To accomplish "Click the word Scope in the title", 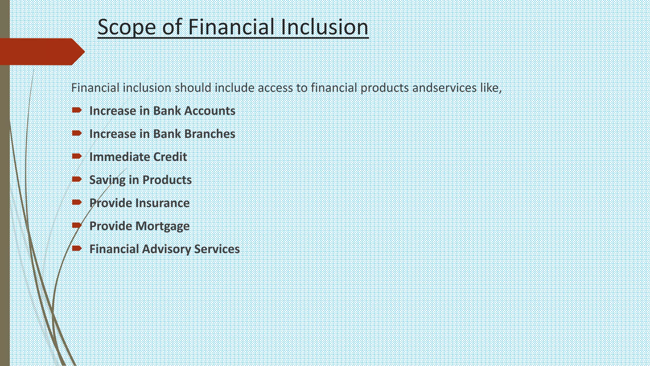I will [126, 27].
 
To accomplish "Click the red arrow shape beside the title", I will [41, 52].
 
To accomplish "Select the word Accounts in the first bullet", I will [209, 111].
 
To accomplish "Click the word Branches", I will [209, 134].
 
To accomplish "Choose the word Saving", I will [107, 180].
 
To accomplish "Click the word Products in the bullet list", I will [167, 180].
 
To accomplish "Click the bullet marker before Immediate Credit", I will [77, 156].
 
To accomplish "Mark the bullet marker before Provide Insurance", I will [77, 202].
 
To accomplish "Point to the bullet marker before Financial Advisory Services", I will [77, 248].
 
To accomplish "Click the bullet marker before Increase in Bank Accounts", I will [77, 110].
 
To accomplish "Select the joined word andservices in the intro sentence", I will [444, 88].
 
